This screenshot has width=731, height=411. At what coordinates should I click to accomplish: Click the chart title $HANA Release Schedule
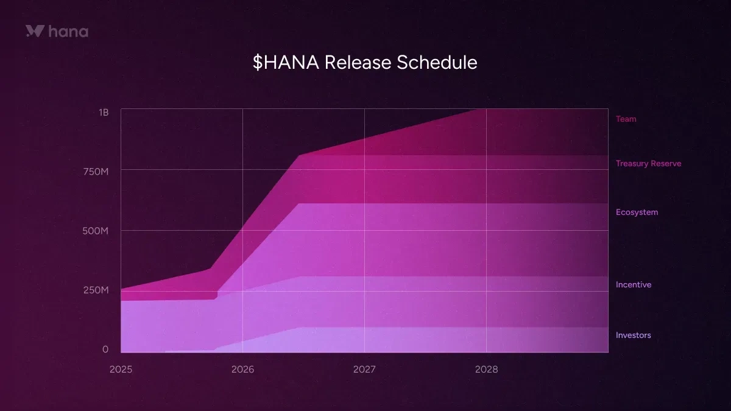pyautogui.click(x=365, y=62)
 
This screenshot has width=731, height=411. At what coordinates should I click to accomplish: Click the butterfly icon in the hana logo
pyautogui.click(x=34, y=31)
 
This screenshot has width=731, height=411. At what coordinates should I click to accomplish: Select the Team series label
pyautogui.click(x=626, y=119)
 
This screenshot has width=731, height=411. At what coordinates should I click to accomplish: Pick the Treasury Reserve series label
pyautogui.click(x=648, y=163)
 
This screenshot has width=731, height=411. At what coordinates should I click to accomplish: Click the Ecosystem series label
pyautogui.click(x=637, y=212)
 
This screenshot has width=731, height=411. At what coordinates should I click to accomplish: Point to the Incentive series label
pyautogui.click(x=633, y=284)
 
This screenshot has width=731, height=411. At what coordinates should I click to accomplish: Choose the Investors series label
pyautogui.click(x=633, y=335)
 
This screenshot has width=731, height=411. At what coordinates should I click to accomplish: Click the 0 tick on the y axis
pyautogui.click(x=105, y=349)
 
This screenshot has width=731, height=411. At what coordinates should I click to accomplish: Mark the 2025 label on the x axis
pyautogui.click(x=121, y=369)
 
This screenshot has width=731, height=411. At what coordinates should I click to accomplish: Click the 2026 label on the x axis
pyautogui.click(x=242, y=369)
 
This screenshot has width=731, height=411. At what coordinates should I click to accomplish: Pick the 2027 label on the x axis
pyautogui.click(x=364, y=369)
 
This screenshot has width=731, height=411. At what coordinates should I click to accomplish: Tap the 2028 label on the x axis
pyautogui.click(x=486, y=369)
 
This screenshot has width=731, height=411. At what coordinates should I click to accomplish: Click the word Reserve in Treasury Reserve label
pyautogui.click(x=665, y=163)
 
